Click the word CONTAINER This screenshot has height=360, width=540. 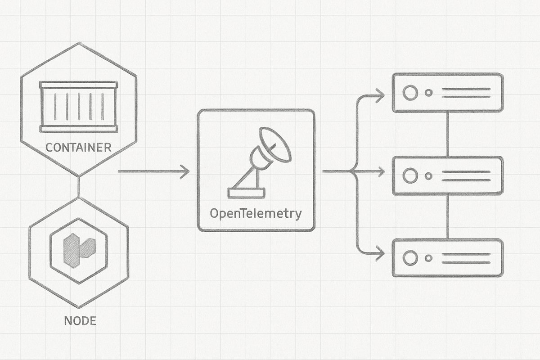(x=79, y=147)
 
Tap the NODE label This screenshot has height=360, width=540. (x=81, y=321)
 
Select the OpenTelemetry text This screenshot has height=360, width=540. (x=256, y=213)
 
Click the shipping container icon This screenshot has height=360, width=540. (x=79, y=107)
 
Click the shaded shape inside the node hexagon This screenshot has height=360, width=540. (x=79, y=250)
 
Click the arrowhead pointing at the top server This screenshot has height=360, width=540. (x=380, y=95)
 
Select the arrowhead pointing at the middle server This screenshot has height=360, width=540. (x=380, y=171)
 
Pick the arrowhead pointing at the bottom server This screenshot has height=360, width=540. (x=380, y=254)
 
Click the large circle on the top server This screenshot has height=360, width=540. (x=410, y=93)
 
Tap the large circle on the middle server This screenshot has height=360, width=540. (x=410, y=175)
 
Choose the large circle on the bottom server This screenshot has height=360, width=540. (x=410, y=258)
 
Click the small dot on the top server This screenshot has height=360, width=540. (x=429, y=93)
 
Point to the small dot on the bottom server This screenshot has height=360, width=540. (x=429, y=258)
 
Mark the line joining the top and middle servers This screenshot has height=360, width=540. (x=447, y=134)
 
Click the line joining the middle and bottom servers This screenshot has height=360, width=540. (x=447, y=217)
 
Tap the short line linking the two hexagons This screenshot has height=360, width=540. (x=79, y=186)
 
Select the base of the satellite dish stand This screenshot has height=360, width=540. (x=246, y=193)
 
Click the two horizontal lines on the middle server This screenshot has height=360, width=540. (x=466, y=175)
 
